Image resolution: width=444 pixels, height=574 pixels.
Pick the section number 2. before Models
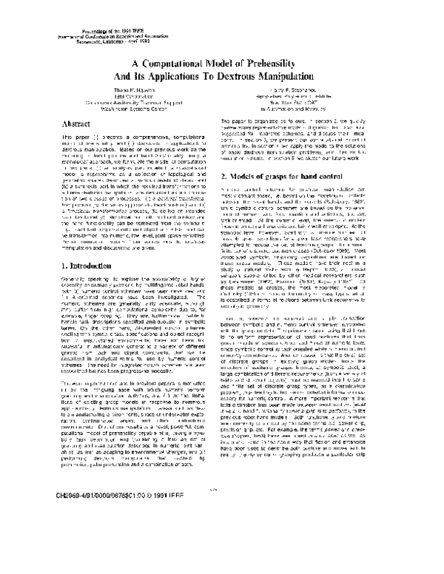[226, 176]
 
